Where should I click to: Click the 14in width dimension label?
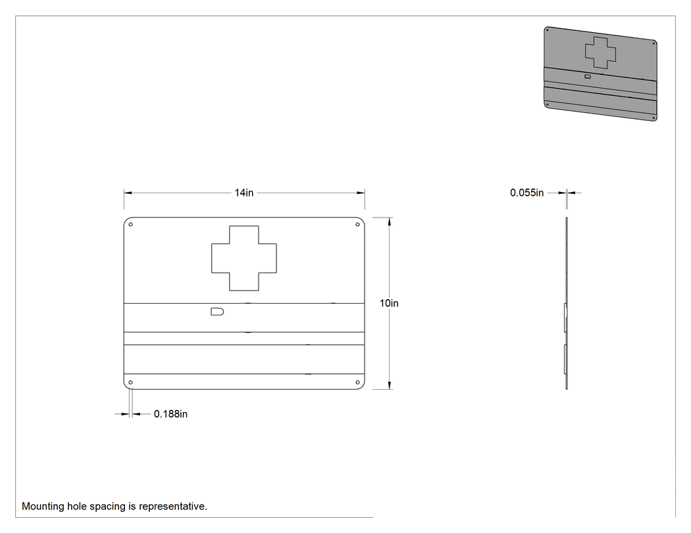click(243, 193)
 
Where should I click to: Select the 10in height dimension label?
click(389, 303)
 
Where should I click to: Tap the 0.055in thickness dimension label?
click(526, 193)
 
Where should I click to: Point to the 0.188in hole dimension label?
click(170, 414)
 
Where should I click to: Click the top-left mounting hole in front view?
click(130, 225)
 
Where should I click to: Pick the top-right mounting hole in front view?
click(357, 225)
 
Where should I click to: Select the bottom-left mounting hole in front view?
click(130, 382)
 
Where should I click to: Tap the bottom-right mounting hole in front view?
click(357, 382)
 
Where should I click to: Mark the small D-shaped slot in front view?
click(217, 312)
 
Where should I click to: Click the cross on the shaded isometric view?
click(600, 53)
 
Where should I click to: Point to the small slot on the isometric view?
click(588, 76)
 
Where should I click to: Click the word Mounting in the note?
click(43, 507)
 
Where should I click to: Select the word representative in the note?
click(172, 507)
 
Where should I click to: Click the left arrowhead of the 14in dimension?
click(128, 193)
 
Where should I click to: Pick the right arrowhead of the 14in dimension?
click(361, 193)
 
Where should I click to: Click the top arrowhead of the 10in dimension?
click(390, 221)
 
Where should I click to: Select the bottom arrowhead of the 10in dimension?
click(390, 385)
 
